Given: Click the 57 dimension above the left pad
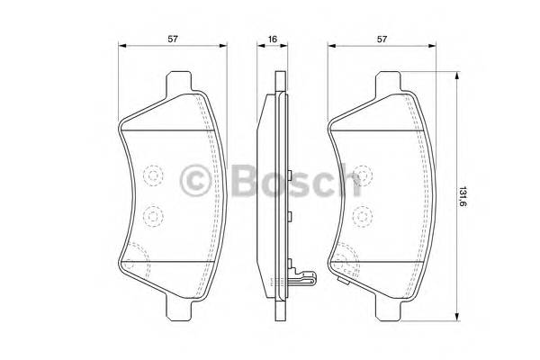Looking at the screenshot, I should pyautogui.click(x=172, y=40).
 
